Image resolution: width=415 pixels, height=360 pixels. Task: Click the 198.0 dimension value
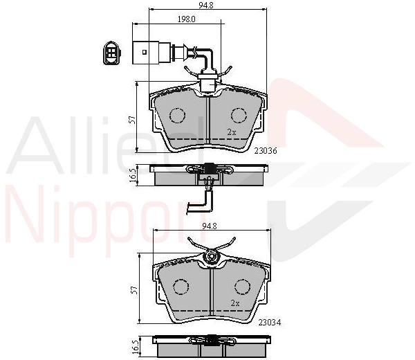pos(187,19)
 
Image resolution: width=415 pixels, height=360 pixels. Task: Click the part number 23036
pos(266,151)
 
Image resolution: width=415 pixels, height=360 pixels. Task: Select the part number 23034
pos(270,323)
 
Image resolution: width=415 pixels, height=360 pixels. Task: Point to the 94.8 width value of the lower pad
pos(210,226)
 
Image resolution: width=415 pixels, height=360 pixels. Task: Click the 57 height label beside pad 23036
pos(133,120)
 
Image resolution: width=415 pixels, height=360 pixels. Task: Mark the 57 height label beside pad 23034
pos(136,290)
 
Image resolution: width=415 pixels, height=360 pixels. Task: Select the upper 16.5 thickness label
pos(133,175)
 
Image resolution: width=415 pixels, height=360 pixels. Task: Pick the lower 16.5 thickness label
pos(136,346)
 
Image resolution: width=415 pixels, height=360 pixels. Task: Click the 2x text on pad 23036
pos(232,132)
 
